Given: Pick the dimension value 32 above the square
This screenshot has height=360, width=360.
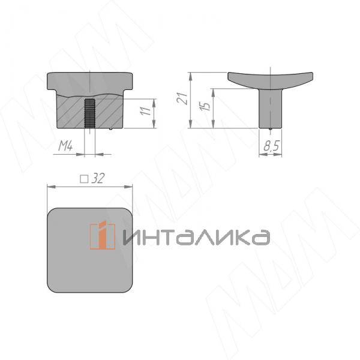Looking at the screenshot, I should pos(100,178).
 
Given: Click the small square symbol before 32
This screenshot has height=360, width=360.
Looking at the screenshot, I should pos(84,178).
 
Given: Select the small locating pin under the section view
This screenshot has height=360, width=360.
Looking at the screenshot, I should pos(113,128).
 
